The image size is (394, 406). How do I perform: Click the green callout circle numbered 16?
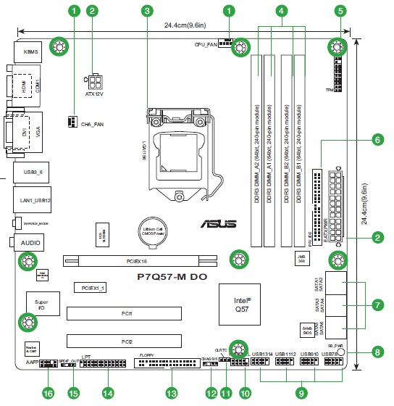tap(49, 393)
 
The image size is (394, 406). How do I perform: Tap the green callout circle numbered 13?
tap(172, 393)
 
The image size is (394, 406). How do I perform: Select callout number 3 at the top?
tap(148, 11)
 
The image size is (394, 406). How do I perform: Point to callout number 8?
tap(377, 353)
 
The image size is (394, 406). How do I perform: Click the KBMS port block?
tap(30, 52)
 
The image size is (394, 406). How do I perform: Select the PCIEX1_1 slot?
tap(91, 288)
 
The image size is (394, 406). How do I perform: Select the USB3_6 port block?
tap(30, 172)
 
